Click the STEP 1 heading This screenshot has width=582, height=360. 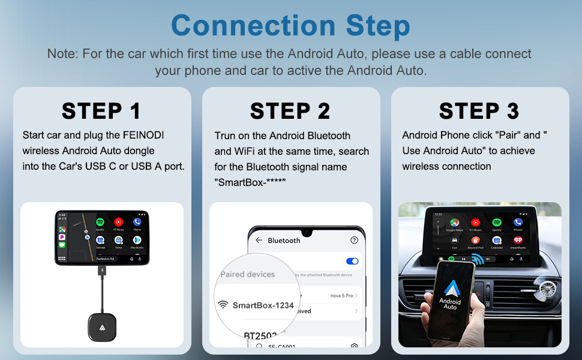coord(101,111)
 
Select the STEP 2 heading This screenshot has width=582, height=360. coord(290,111)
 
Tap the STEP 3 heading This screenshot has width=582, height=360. coord(479,111)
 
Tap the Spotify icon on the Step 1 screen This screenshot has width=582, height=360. coord(100,223)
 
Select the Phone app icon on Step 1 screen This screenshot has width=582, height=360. coord(137,223)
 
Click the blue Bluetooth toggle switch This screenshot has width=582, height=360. coord(352,261)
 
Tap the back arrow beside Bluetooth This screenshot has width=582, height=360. coord(259,240)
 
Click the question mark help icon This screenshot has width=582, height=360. coord(354,240)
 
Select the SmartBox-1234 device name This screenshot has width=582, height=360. coord(263,305)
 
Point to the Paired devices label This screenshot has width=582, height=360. coord(247,274)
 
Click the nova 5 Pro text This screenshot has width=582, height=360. coord(341,295)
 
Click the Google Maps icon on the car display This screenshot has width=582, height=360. coord(455,223)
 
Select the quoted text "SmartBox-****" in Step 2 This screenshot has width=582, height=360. coord(250,182)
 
